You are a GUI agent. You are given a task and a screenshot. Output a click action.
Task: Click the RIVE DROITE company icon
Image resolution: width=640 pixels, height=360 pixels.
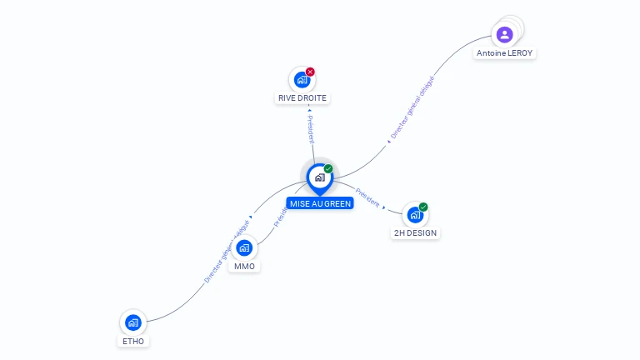(302, 80)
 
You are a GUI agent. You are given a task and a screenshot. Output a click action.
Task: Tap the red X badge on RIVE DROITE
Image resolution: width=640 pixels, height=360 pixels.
(310, 72)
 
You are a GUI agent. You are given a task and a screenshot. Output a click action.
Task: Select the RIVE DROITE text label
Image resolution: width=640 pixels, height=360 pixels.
(302, 98)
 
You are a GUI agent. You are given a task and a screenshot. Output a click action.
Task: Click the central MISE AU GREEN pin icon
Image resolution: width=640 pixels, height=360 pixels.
(319, 177)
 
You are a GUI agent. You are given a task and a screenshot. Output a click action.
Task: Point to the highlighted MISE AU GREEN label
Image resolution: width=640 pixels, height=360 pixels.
(320, 203)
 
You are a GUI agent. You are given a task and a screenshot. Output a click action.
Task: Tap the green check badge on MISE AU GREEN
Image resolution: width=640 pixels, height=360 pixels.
(328, 168)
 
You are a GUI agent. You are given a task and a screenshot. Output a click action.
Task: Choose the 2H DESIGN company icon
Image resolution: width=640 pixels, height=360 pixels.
(415, 215)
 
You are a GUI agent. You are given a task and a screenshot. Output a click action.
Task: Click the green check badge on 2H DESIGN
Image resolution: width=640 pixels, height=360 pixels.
(423, 207)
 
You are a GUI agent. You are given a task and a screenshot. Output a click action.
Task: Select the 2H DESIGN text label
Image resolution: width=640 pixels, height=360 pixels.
(415, 233)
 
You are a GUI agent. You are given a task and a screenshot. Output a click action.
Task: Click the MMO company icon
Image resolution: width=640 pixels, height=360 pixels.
(244, 248)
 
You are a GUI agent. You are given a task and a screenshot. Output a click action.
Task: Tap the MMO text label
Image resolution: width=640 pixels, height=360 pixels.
(244, 267)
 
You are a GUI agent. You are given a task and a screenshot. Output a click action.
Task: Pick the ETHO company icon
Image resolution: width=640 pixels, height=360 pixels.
(132, 322)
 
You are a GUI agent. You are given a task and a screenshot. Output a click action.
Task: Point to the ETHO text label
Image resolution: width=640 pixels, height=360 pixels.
(132, 341)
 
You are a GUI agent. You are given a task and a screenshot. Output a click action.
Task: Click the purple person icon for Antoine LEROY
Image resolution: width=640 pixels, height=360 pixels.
(504, 34)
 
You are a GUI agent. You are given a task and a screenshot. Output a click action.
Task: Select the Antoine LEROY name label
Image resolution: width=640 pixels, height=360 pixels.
(504, 53)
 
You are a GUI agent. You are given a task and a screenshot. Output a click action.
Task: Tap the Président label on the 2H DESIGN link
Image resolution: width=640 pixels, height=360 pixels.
(367, 197)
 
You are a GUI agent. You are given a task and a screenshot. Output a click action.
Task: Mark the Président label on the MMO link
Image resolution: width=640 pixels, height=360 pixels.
(280, 217)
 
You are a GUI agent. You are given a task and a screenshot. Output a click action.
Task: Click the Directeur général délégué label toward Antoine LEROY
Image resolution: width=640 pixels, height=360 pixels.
(412, 107)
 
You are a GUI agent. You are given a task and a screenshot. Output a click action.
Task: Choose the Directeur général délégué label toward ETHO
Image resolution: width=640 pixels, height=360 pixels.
(227, 251)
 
